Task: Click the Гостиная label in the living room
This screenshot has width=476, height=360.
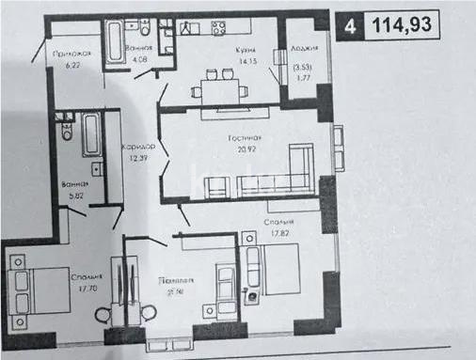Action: (244, 139)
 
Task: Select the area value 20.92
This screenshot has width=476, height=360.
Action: (243, 151)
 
